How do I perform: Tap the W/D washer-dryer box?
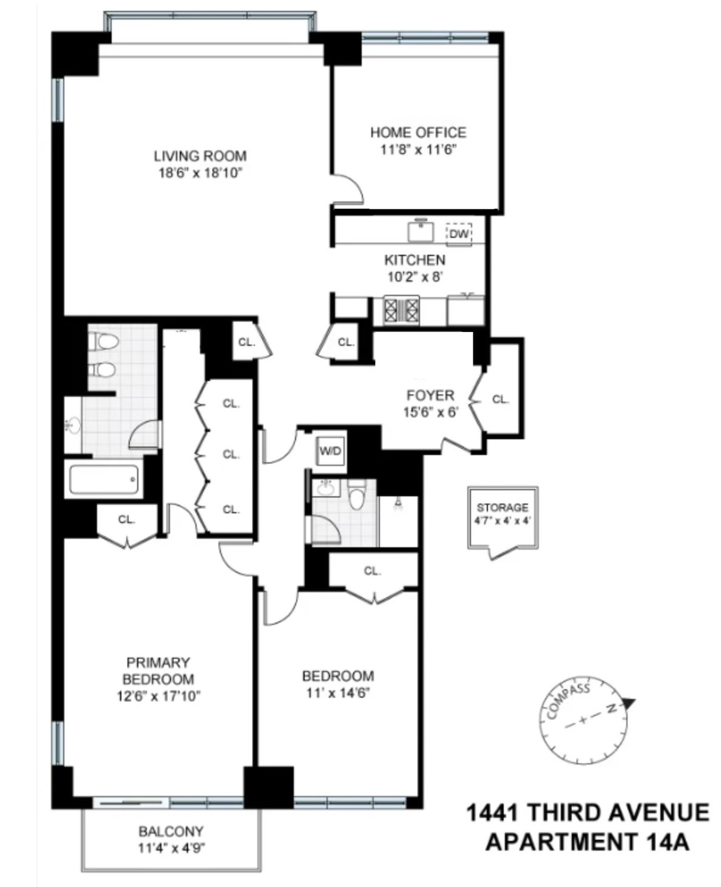[331, 451]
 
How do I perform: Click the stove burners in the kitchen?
[401, 309]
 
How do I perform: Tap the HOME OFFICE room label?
[418, 132]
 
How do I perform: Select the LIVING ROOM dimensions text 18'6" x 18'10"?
[200, 173]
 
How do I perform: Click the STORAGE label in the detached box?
[502, 507]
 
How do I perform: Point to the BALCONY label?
[171, 831]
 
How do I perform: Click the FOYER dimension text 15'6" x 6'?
[430, 413]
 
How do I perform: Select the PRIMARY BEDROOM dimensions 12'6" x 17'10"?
[158, 696]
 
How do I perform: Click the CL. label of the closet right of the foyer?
[500, 399]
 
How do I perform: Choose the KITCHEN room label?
[415, 260]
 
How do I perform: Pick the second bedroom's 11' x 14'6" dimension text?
[338, 692]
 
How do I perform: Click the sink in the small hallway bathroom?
[326, 487]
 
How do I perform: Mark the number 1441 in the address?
[492, 812]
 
